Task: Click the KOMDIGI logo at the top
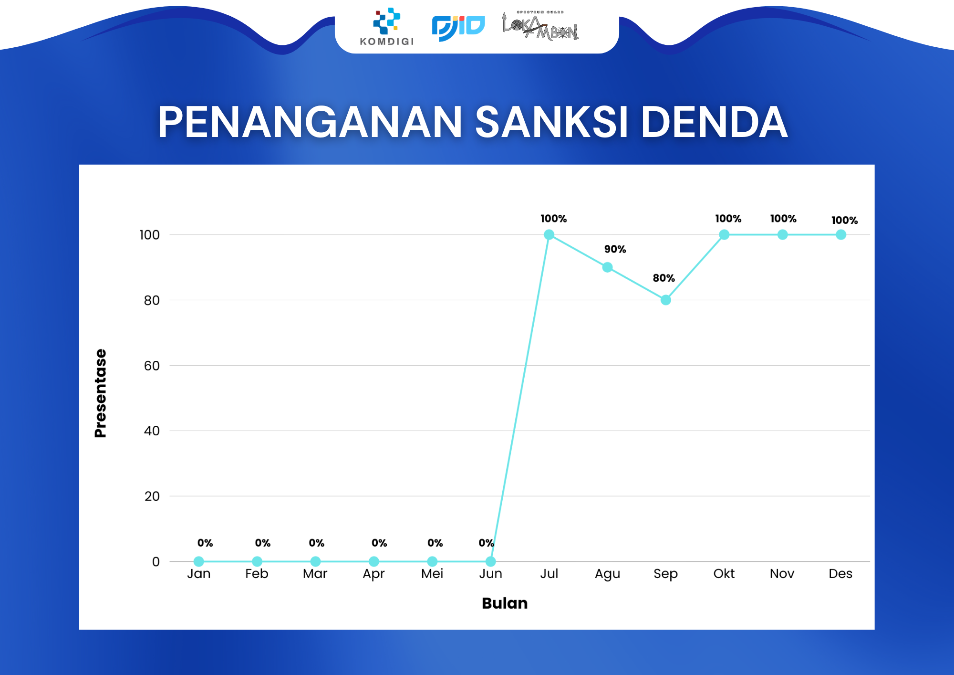pos(387,27)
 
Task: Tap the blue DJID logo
pos(458,28)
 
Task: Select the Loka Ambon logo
pos(540,26)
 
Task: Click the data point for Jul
pos(549,234)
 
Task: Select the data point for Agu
pos(607,267)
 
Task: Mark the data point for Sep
pos(666,300)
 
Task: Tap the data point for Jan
pos(199,561)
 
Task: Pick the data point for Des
pos(841,234)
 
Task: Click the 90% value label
pos(615,249)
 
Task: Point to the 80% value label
pos(664,278)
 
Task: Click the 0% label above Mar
pos(316,543)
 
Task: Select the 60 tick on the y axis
pos(152,366)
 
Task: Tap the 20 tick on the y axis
pos(152,496)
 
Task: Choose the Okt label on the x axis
pos(724,573)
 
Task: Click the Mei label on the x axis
pos(432,573)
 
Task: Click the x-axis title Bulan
pos(505,603)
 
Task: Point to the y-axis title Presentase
pos(101,393)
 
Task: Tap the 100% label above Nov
pos(783,219)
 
